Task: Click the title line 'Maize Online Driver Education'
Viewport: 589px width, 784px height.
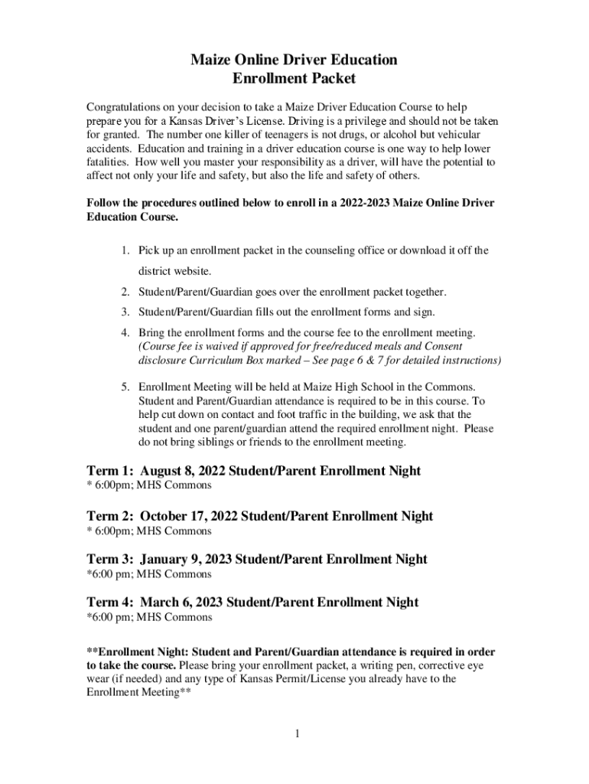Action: (x=294, y=59)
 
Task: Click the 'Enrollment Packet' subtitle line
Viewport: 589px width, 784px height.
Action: (x=294, y=78)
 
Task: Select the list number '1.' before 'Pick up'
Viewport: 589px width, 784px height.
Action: (x=125, y=250)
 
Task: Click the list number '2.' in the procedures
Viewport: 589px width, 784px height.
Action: (x=125, y=292)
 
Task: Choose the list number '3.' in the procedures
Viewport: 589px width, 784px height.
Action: (x=125, y=312)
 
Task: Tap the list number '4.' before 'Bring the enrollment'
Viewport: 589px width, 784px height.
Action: (x=125, y=332)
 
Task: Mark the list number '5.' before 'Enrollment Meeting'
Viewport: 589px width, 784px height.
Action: (x=125, y=387)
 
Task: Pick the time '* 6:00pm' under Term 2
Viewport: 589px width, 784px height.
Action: (x=109, y=531)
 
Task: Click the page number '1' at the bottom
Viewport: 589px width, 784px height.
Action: (x=296, y=734)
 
